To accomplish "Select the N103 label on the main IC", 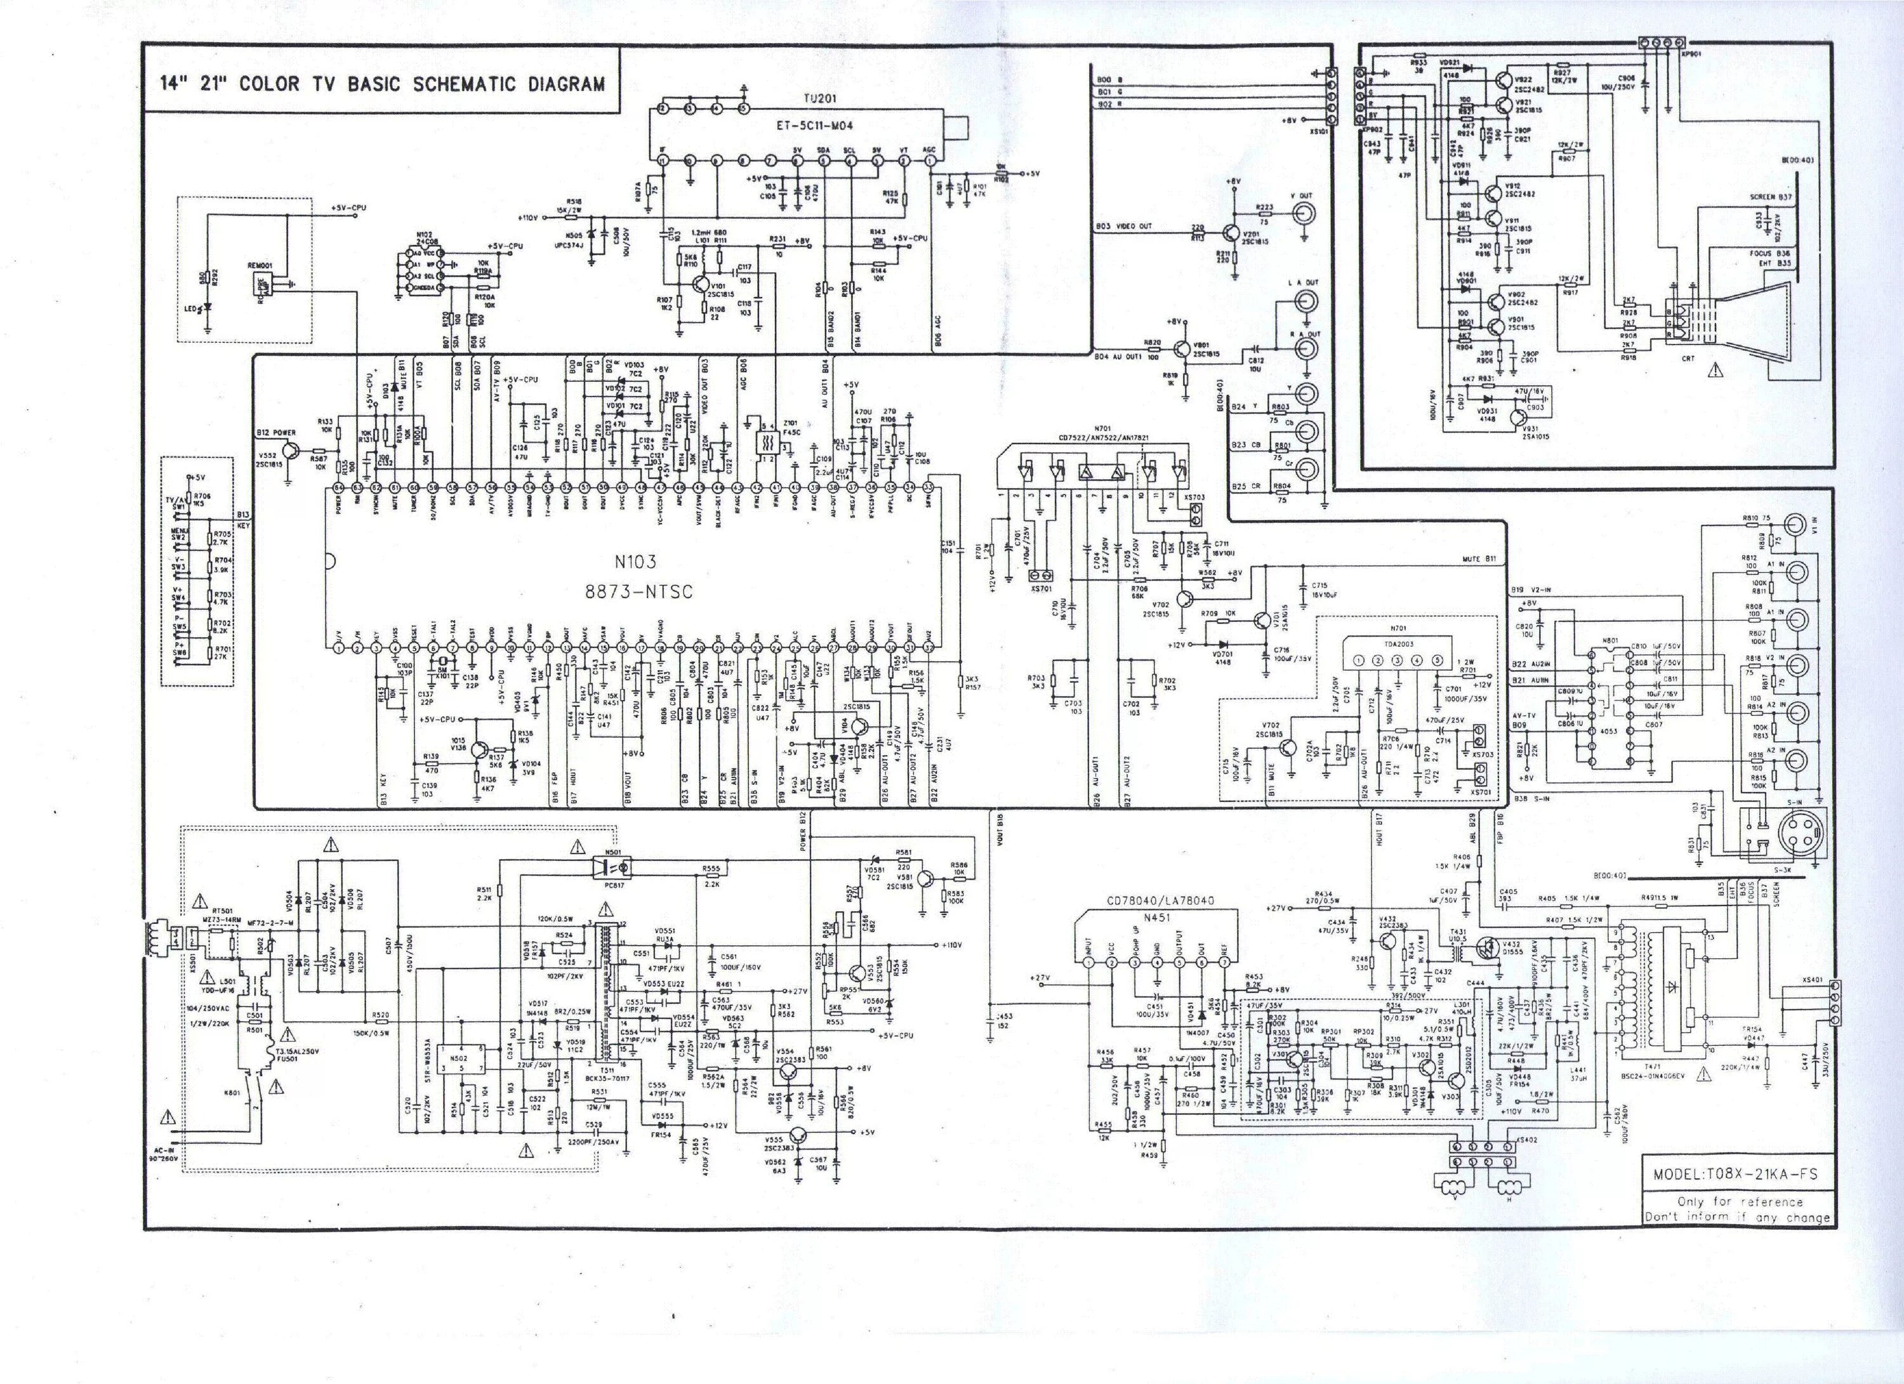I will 635,562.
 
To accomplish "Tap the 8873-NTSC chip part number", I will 639,591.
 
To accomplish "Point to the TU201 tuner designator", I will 815,99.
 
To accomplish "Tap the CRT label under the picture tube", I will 1688,359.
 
